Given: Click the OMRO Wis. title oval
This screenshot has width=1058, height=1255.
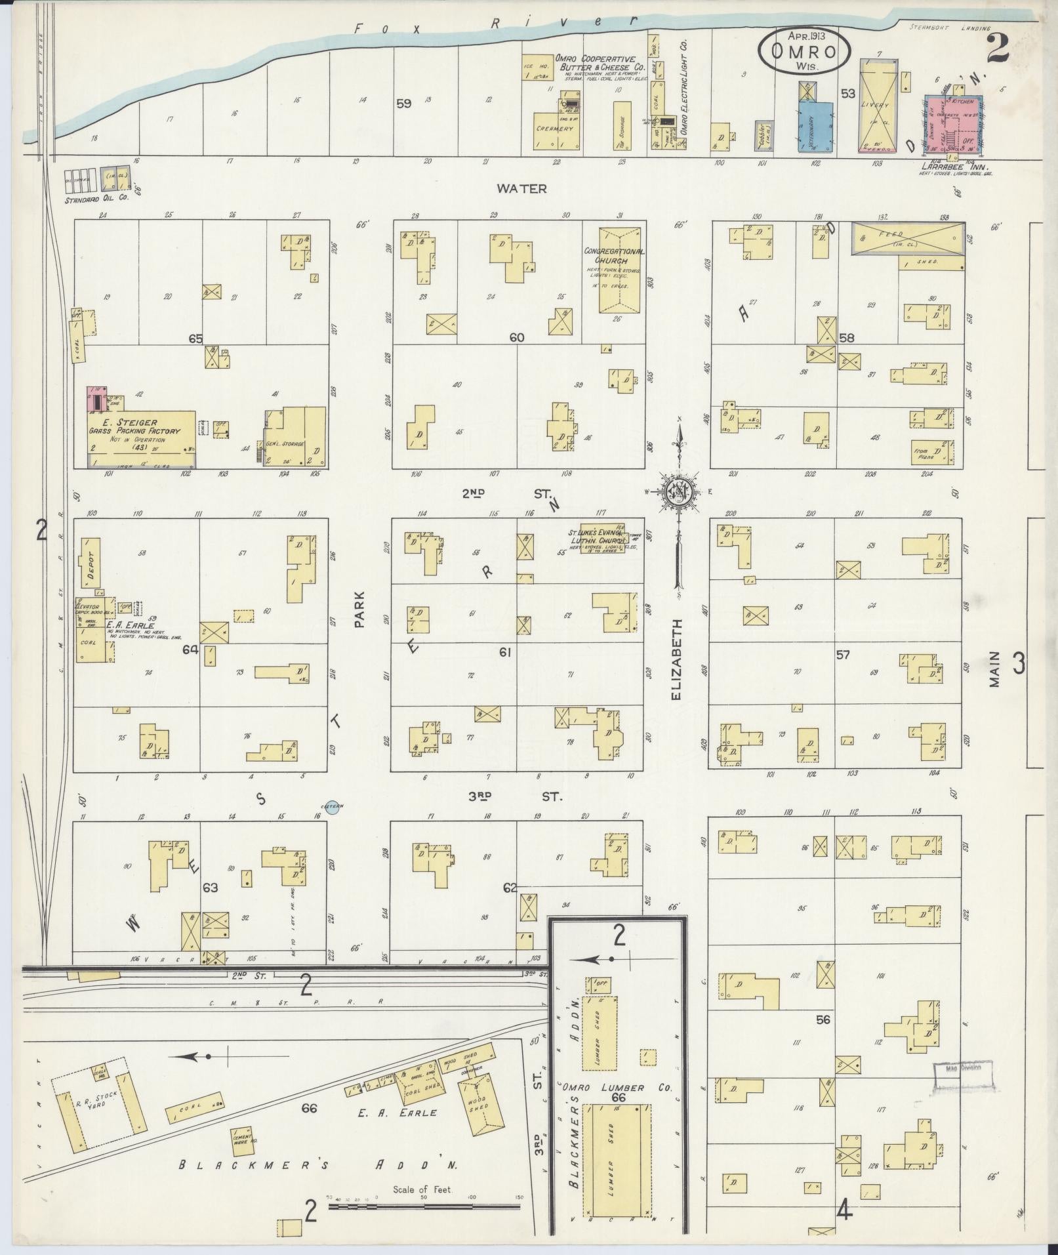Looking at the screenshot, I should tap(805, 51).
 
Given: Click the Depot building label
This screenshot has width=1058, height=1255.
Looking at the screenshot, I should tap(90, 563).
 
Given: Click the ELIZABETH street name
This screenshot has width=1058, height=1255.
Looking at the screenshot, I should tap(678, 660).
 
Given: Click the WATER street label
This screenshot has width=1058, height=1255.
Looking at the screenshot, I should tap(521, 189).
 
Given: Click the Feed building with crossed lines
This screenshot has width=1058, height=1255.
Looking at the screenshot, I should tap(908, 238).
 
